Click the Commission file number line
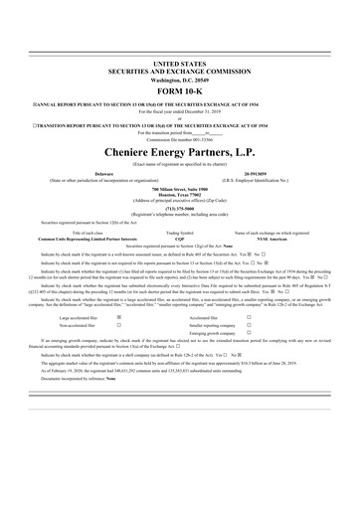(179, 134)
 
